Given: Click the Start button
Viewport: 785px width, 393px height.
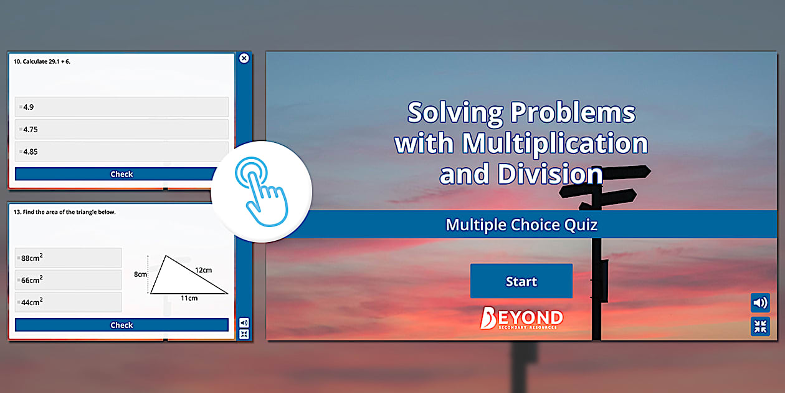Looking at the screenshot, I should pyautogui.click(x=521, y=281).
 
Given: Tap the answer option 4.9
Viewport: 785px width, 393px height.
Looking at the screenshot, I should pyautogui.click(x=121, y=107).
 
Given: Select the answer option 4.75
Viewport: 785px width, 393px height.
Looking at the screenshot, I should pyautogui.click(x=121, y=129).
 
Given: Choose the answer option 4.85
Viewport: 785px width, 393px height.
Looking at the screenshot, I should pyautogui.click(x=121, y=152).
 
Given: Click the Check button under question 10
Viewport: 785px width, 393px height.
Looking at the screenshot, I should pyautogui.click(x=121, y=174).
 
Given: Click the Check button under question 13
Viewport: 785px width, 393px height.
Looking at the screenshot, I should pyautogui.click(x=121, y=325).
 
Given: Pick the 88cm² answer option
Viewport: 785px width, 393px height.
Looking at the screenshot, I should pyautogui.click(x=68, y=258).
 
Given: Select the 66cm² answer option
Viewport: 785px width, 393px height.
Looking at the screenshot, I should pyautogui.click(x=68, y=280).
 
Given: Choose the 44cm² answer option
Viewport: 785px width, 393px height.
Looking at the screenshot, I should pyautogui.click(x=68, y=302).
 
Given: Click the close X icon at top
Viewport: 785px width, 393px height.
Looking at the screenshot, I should pyautogui.click(x=244, y=58).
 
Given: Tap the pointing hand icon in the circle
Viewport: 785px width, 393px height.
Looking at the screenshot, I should pyautogui.click(x=261, y=191).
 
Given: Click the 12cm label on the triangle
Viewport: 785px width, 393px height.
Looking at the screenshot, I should pyautogui.click(x=203, y=270).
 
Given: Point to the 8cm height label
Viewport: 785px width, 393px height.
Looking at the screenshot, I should pyautogui.click(x=140, y=274).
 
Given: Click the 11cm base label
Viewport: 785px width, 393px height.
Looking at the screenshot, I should pyautogui.click(x=189, y=298).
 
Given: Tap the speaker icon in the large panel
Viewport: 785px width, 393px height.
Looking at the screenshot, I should pyautogui.click(x=760, y=303).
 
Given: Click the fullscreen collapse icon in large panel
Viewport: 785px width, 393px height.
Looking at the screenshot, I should pyautogui.click(x=760, y=326).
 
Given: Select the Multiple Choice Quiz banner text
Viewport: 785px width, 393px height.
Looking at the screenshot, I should pyautogui.click(x=521, y=225).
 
